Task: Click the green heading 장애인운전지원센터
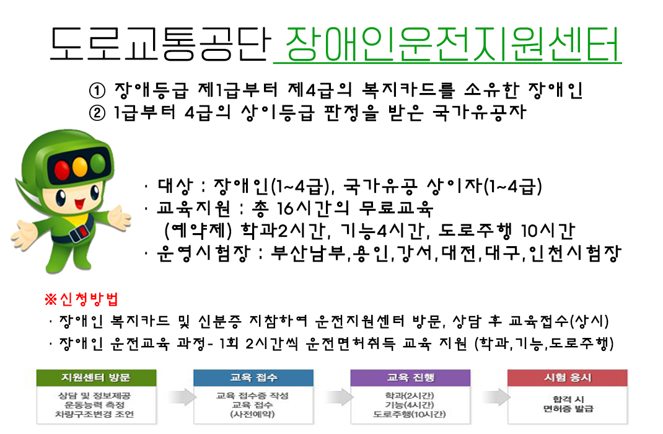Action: tap(452, 45)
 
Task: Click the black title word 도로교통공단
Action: tap(160, 43)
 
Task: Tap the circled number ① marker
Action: tap(97, 91)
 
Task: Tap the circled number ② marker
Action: tap(97, 113)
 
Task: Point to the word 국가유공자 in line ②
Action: tap(479, 112)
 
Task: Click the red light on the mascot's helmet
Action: tap(62, 170)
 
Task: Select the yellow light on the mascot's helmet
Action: tap(80, 167)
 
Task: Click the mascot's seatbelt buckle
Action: tap(79, 232)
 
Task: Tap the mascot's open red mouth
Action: tap(80, 205)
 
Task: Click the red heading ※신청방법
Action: tap(81, 299)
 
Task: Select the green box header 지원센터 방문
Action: tap(97, 378)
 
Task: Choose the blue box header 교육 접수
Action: tap(253, 378)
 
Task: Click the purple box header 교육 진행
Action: tap(411, 378)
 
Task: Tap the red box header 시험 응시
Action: tap(568, 378)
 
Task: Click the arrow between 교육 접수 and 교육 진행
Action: tap(339, 397)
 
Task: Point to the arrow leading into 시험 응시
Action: tap(496, 397)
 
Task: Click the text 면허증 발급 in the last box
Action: tap(568, 409)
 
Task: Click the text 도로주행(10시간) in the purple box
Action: tap(410, 414)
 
